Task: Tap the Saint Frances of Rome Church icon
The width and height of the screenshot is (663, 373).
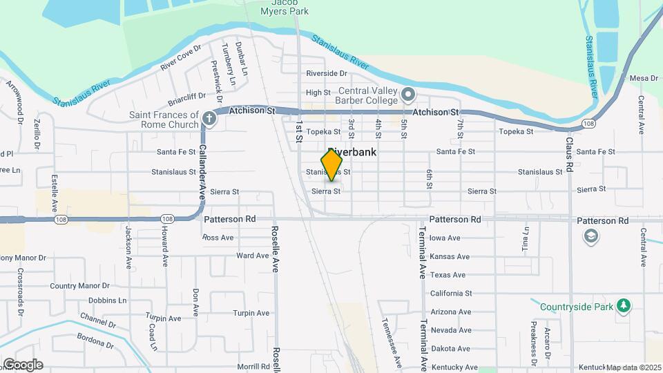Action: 210,119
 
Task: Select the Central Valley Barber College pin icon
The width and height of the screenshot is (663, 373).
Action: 407,93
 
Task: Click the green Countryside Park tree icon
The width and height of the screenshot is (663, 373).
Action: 624,305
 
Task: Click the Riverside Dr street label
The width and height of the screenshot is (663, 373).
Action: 326,73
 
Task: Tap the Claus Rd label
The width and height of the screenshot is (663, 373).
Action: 570,154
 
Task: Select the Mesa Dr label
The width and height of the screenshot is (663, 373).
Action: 644,78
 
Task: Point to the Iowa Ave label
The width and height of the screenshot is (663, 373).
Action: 445,238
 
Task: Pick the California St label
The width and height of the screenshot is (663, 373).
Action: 450,294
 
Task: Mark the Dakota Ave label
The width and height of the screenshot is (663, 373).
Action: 450,349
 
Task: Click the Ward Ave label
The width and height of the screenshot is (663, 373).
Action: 252,256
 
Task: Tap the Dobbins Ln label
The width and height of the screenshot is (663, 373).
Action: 107,301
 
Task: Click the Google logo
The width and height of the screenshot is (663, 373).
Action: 23,365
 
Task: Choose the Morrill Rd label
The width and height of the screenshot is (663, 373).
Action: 252,366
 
